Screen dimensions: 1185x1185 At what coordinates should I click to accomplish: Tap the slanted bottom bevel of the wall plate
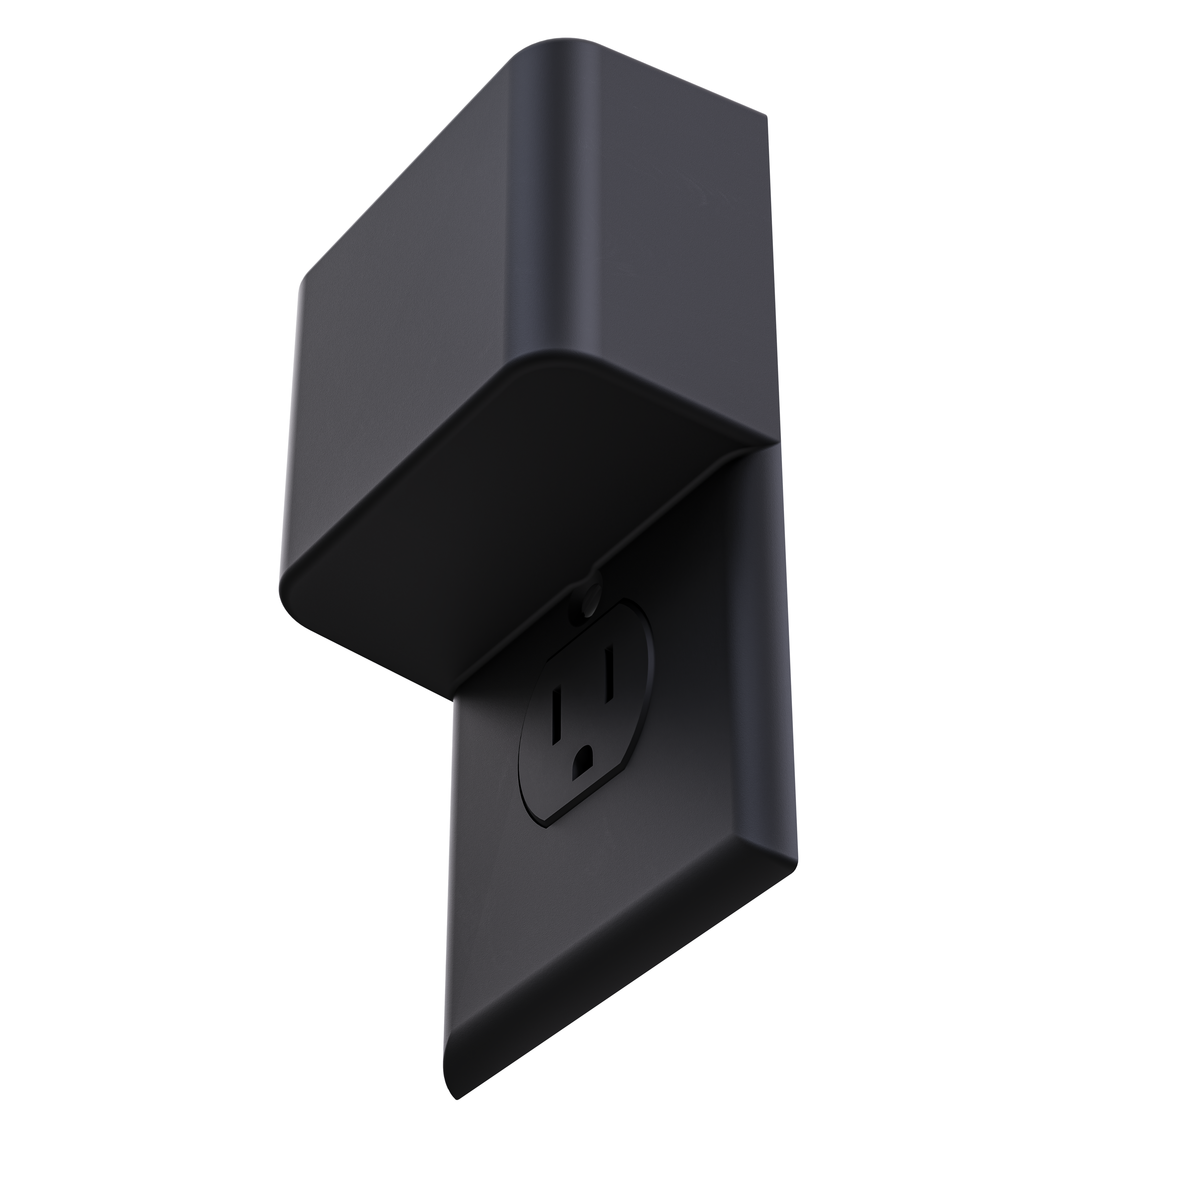click(613, 957)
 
